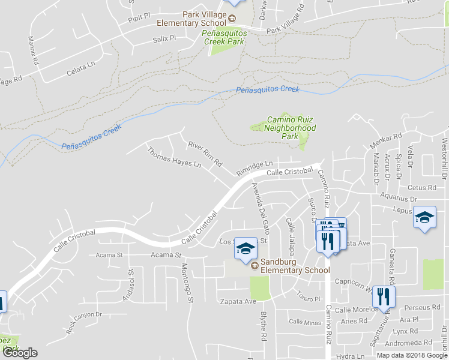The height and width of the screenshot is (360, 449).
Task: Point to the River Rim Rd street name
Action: pyautogui.click(x=205, y=154)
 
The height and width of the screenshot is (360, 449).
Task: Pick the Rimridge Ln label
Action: pyautogui.click(x=254, y=164)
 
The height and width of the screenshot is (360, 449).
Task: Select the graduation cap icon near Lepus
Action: pyautogui.click(x=424, y=217)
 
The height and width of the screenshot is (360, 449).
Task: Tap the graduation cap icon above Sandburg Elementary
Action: pyautogui.click(x=245, y=249)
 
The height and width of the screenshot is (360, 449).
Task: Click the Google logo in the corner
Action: pyautogui.click(x=20, y=352)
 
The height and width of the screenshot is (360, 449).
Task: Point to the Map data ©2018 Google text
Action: pyautogui.click(x=412, y=355)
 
